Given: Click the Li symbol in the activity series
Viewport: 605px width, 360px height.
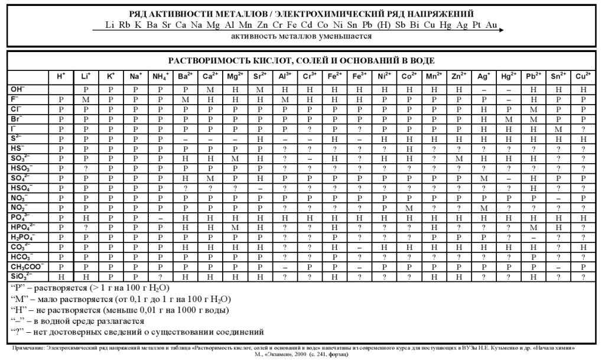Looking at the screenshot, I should click(110, 25).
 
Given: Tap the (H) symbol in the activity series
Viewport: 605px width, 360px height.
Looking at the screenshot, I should click(385, 25).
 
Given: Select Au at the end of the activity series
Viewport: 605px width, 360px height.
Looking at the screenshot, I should click(491, 25).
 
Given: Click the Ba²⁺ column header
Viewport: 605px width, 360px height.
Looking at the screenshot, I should click(185, 76).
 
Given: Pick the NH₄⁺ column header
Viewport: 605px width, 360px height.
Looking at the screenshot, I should click(160, 76).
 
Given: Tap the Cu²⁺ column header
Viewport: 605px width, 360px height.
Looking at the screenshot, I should click(583, 76).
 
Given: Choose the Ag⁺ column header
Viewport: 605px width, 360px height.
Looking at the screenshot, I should click(483, 76).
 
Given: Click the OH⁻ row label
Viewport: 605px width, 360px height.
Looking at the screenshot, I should click(18, 89).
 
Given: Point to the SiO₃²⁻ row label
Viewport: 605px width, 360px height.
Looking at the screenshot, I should click(20, 276).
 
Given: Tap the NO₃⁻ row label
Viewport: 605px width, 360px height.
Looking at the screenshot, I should click(19, 197).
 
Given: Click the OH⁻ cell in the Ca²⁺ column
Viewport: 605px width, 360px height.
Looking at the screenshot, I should click(210, 89).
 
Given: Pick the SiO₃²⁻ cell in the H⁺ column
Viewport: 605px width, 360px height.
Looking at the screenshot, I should click(61, 277).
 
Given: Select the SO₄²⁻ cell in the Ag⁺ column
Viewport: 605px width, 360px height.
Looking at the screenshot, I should click(483, 178).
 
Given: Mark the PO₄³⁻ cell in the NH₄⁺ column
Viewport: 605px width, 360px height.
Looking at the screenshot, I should click(160, 218).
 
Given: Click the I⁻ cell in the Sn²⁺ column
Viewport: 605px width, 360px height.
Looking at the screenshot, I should click(558, 129).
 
